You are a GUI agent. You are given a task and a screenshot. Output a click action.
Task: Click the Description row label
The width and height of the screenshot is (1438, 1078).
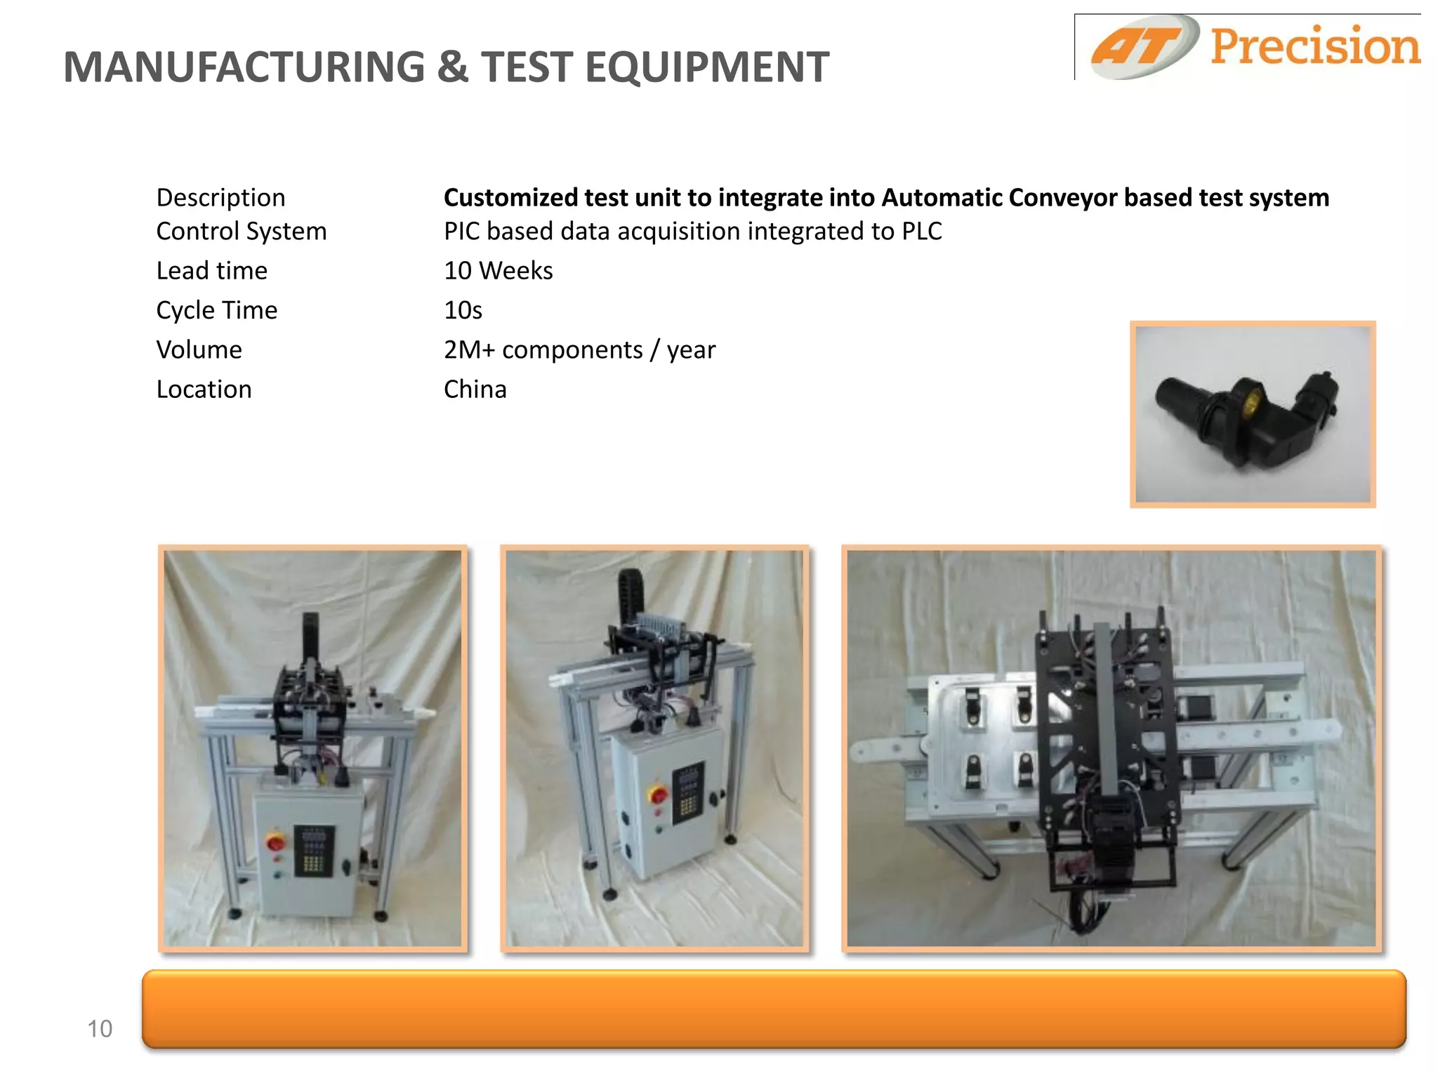[220, 198]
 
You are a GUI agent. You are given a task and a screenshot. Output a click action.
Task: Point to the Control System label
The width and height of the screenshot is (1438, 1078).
[241, 232]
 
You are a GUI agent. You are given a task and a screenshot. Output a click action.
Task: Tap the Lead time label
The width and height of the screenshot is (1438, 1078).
[211, 271]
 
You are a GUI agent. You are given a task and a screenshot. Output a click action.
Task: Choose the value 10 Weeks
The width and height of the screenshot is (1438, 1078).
[498, 271]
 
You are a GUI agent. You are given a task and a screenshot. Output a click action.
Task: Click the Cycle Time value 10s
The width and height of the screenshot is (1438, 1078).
[463, 310]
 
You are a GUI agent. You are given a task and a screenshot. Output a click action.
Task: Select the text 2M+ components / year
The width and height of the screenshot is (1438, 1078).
[579, 350]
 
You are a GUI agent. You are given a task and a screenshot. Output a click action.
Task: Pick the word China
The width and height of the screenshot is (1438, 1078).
[475, 390]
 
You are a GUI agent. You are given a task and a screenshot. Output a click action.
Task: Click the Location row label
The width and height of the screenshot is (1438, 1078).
[204, 390]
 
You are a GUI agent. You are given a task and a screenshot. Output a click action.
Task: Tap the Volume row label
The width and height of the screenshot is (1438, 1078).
[199, 350]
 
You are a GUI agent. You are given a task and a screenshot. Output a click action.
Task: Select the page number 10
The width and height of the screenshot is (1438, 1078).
[100, 1029]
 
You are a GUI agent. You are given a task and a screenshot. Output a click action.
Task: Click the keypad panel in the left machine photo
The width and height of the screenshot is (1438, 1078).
[313, 851]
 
